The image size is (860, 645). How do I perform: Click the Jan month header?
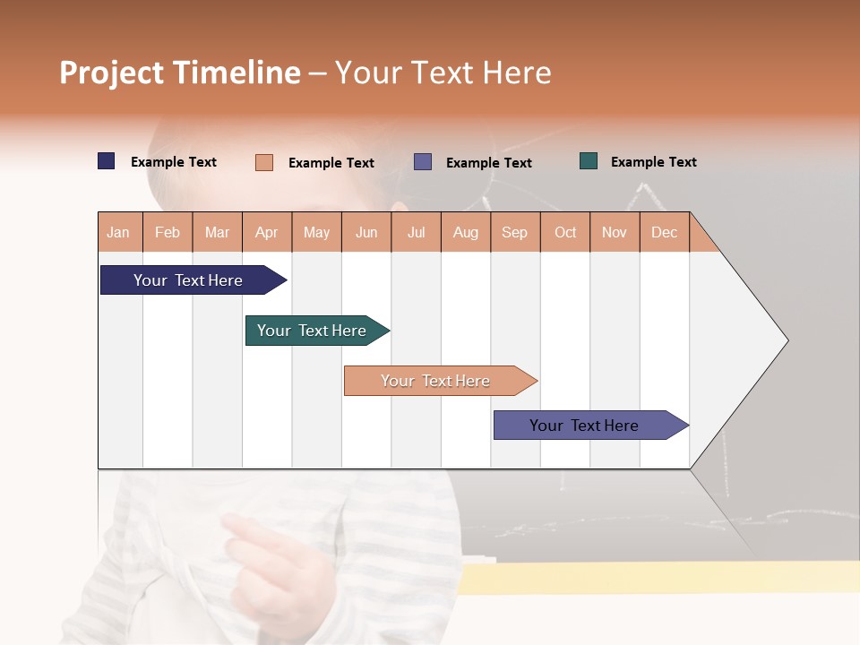[119, 232]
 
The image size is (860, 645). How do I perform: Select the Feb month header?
[168, 232]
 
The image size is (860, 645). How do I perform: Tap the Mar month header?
[217, 232]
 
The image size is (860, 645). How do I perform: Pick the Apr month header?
[267, 232]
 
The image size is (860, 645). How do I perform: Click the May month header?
[316, 232]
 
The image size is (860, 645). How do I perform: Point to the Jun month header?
[366, 232]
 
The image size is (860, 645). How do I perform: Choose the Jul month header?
[416, 232]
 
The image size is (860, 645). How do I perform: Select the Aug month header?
[466, 232]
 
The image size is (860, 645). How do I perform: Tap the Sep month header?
[515, 232]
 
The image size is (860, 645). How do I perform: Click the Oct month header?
[565, 232]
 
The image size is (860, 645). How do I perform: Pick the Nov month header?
[615, 232]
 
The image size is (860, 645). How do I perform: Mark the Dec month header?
[665, 232]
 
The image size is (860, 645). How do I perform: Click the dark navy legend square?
[107, 161]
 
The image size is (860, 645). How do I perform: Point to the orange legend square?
[264, 162]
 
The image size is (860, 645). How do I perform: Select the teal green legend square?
[589, 161]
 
